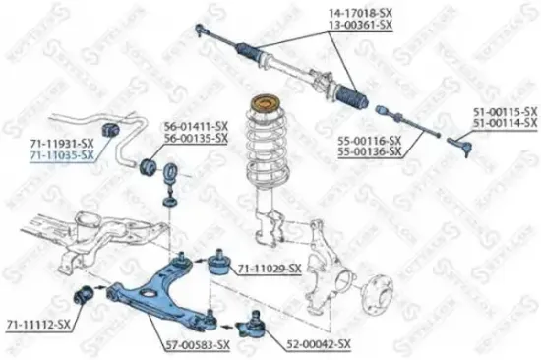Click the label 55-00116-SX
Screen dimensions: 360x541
coord(369,142)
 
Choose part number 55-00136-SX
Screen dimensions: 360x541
coord(369,152)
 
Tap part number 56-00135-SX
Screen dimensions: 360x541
coord(195,139)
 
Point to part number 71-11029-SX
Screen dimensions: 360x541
coord(268,268)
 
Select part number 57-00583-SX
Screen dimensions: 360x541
coord(197,344)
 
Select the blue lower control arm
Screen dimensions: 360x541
coord(157,295)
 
